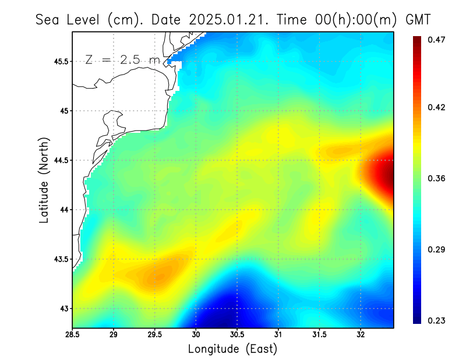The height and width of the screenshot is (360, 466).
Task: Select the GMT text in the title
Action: click(x=417, y=19)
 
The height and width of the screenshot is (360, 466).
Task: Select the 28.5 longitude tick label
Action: click(x=72, y=334)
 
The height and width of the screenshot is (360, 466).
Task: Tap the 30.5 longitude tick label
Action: click(x=237, y=334)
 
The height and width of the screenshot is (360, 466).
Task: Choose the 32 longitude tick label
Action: click(x=361, y=334)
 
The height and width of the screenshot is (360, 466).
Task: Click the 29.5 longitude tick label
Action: click(x=154, y=334)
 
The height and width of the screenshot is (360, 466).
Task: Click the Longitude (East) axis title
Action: click(x=232, y=349)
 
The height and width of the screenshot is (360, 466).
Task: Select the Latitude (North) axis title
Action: click(x=44, y=180)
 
